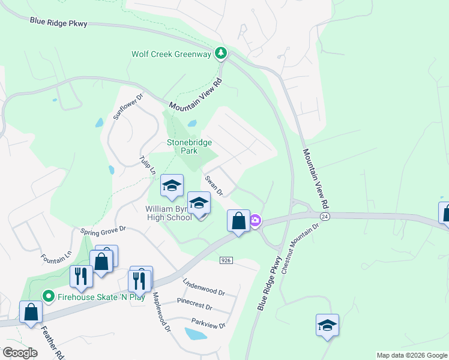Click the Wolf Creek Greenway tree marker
(221, 54)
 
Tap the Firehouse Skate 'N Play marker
(49, 296)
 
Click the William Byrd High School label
(169, 213)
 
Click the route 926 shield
(226, 260)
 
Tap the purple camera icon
(255, 221)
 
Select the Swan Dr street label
(214, 186)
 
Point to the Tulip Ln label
(149, 165)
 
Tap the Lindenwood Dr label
(204, 287)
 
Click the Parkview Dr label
(208, 324)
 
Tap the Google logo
(20, 353)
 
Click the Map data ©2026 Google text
(412, 355)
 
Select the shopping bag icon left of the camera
(238, 221)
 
